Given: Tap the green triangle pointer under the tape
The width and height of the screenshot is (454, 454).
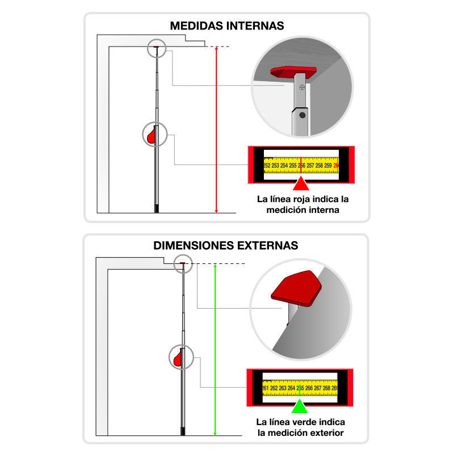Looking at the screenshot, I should (300, 406).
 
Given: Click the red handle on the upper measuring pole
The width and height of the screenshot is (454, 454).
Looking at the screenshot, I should (152, 136).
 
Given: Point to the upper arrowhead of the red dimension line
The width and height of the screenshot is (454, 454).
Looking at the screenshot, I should (216, 50).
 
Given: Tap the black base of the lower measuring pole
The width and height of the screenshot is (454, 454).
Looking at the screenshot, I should (183, 431).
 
